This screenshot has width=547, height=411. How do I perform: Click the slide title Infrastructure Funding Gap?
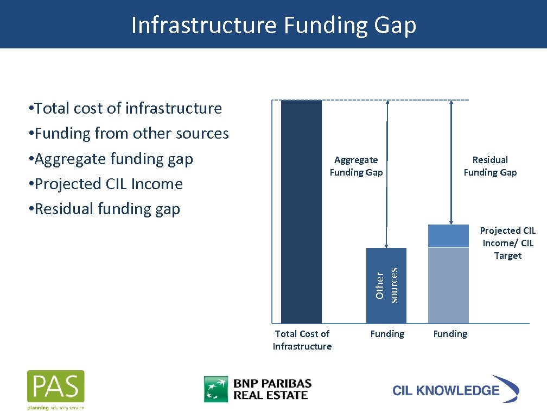pos(273,25)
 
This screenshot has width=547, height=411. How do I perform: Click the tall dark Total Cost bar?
pos(301,212)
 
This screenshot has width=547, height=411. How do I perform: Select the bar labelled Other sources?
pos(386,285)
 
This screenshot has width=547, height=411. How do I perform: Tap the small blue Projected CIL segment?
pos(448,236)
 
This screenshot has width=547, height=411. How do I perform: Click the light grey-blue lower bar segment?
pos(448,285)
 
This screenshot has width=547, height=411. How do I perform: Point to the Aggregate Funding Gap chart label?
pos(356,166)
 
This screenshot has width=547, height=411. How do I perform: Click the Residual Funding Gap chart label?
pos(490,166)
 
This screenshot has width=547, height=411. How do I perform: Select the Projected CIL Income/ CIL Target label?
pos(507,243)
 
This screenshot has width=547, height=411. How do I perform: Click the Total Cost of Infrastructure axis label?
pos(302,340)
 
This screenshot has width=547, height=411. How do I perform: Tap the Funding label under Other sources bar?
pos(387,334)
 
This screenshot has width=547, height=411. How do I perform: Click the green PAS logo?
pos(56,389)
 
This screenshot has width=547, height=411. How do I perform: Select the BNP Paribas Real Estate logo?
pos(258,389)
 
